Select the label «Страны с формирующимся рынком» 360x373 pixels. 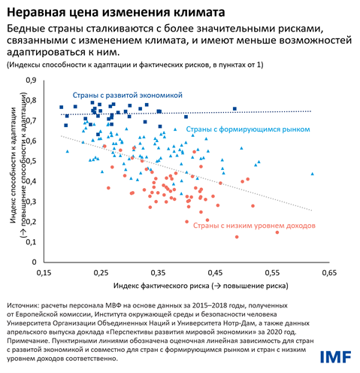pyautogui.click(x=247, y=129)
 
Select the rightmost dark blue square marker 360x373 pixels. pyautogui.click(x=234, y=109)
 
